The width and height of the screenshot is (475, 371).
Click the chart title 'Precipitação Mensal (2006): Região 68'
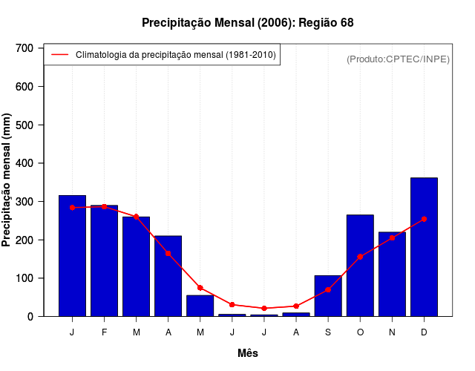pyautogui.click(x=247, y=23)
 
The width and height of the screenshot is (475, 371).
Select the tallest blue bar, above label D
pyautogui.click(x=424, y=247)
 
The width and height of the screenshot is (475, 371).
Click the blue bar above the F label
pyautogui.click(x=104, y=260)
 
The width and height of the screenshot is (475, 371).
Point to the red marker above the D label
pyautogui.click(x=424, y=220)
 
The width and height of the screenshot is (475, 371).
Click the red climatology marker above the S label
pyautogui.click(x=328, y=289)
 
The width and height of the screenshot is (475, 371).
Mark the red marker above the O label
pyautogui.click(x=360, y=257)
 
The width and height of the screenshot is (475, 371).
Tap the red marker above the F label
pyautogui.click(x=104, y=206)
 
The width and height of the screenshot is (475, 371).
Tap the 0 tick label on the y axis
pyautogui.click(x=30, y=317)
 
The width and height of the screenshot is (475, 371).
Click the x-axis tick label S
pyautogui.click(x=328, y=332)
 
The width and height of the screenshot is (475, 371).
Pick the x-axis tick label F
pyautogui.click(x=104, y=332)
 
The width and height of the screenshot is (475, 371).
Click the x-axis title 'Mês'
pyautogui.click(x=248, y=353)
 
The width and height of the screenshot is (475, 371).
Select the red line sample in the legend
pyautogui.click(x=59, y=55)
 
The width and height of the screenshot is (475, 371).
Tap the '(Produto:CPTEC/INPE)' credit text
pyautogui.click(x=398, y=59)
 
